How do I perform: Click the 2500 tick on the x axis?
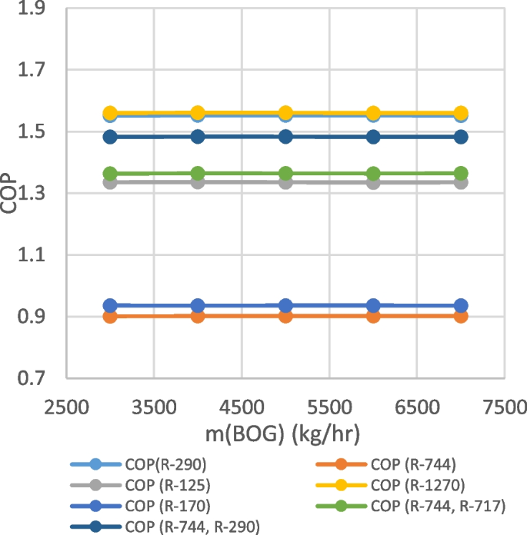tap(67, 405)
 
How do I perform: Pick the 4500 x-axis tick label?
tap(242, 405)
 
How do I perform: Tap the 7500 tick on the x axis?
tap(505, 405)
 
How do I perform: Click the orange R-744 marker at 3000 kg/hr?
tap(110, 316)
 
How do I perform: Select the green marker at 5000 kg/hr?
tap(285, 173)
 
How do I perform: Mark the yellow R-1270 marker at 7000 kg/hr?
tap(461, 113)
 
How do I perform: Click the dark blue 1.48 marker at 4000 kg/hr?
tap(198, 137)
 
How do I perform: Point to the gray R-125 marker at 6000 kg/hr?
tap(373, 182)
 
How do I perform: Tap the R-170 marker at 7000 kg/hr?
tap(461, 306)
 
